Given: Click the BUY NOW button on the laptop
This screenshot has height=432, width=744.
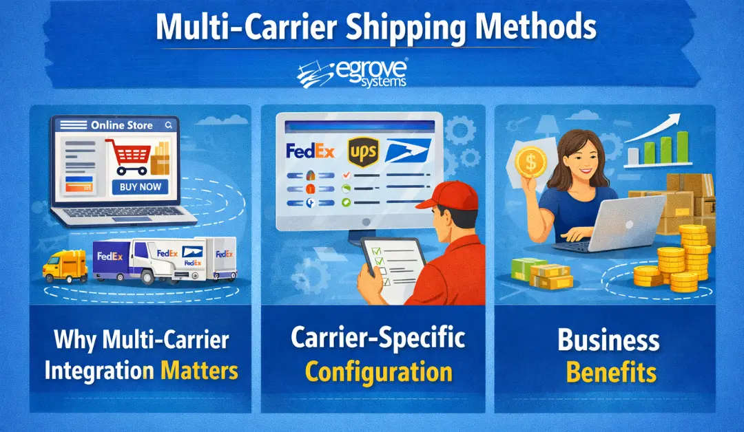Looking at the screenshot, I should click(x=140, y=187).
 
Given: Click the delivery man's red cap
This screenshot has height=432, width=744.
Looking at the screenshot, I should click(x=442, y=195).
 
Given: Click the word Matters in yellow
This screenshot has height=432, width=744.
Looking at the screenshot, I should click(x=200, y=371).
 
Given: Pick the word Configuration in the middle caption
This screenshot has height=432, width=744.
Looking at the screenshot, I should click(x=378, y=372).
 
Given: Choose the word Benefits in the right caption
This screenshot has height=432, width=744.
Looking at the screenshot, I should click(x=611, y=373).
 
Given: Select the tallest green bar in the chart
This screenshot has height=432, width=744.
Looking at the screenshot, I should click(x=682, y=147).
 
